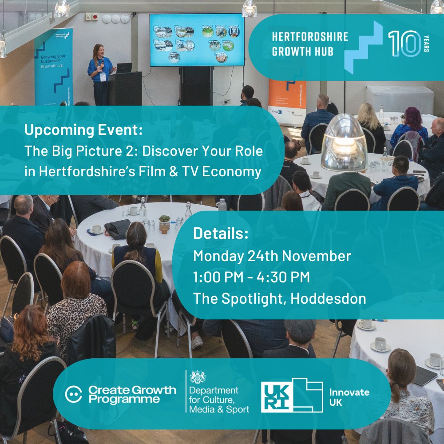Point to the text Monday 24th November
tap(272, 256)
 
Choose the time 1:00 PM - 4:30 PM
tap(251, 277)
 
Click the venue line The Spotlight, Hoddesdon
tap(280, 298)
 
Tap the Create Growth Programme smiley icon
tap(74, 394)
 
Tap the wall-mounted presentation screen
tap(196, 40)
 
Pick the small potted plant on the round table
tap(165, 221)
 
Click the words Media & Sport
tap(219, 409)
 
